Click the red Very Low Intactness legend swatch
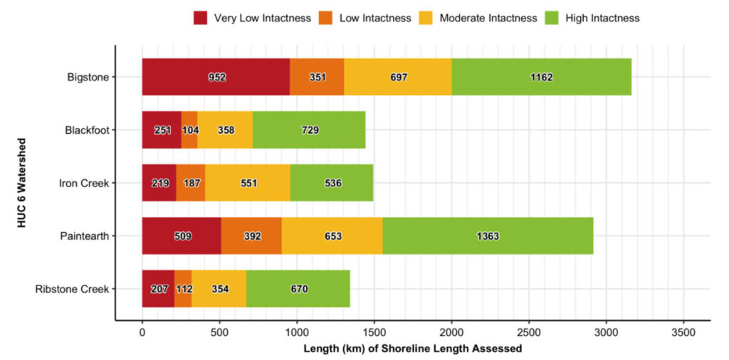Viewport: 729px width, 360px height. coord(200,18)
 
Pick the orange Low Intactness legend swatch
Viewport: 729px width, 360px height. coord(329,18)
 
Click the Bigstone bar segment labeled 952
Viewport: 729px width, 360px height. coord(216,77)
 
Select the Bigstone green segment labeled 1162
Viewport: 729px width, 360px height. coord(541,77)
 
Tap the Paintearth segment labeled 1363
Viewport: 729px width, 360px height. coord(488,236)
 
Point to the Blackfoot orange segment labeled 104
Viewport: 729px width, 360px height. coord(189,130)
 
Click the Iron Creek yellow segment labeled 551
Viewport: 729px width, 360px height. coord(247,183)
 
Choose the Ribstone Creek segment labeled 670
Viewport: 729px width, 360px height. coord(298,289)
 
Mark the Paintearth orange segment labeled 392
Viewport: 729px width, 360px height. coord(251,236)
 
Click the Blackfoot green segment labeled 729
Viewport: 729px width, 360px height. coord(309,130)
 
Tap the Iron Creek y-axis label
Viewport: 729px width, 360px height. coord(84,183)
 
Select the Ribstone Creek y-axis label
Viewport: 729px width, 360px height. coord(72,289)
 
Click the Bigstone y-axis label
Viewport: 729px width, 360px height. coord(88,77)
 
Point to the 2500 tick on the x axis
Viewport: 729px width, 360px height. coord(529,332)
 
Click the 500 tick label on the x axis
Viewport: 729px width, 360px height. coord(219,332)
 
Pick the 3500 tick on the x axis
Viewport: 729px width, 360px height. coord(683,332)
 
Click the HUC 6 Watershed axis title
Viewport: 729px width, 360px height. coord(23,183)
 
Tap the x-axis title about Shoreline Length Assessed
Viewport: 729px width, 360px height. coord(412,349)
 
